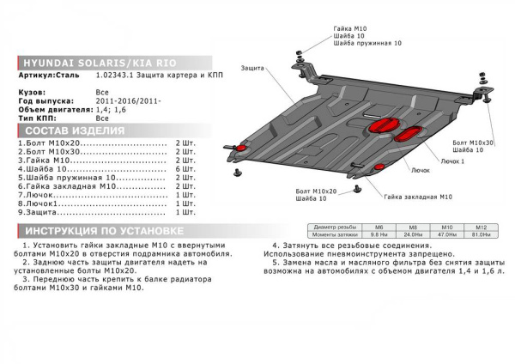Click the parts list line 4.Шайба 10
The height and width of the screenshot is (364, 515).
point(43,170)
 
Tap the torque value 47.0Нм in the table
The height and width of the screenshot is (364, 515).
point(446,234)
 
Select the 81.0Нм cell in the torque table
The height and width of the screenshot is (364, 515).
point(482,234)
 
